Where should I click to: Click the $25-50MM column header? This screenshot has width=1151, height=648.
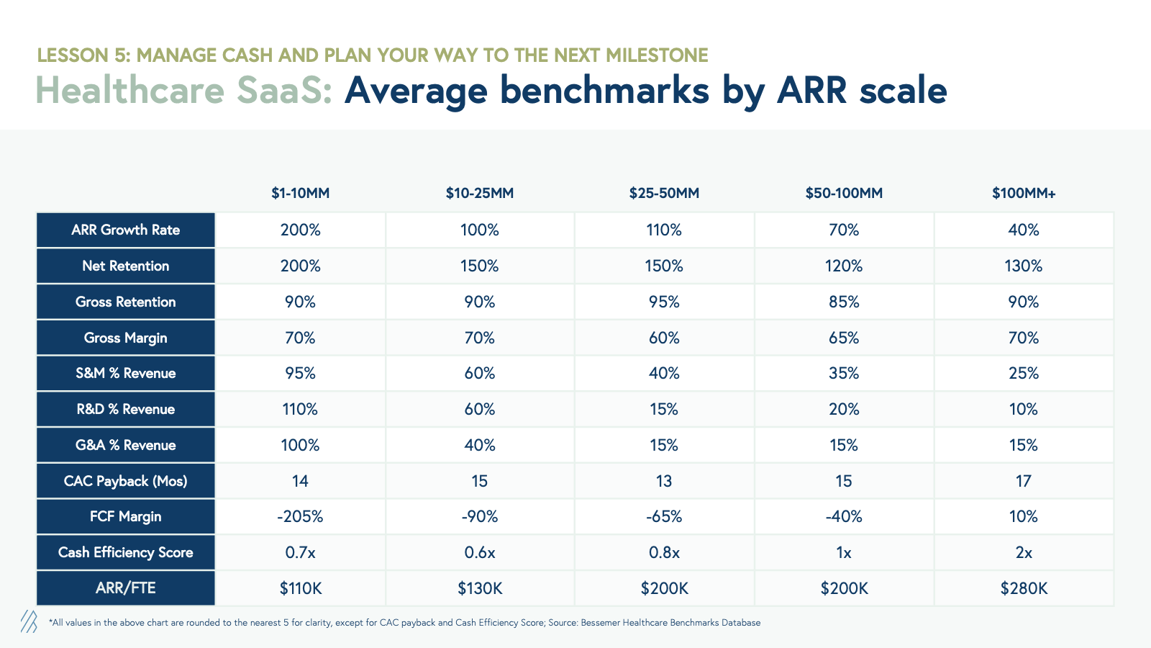[664, 193]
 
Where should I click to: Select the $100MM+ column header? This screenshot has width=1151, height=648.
[1024, 193]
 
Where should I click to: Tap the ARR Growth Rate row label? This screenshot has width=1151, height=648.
[125, 230]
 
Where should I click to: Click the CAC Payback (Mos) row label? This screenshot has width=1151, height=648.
[125, 481]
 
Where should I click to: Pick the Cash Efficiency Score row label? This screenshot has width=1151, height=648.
[125, 552]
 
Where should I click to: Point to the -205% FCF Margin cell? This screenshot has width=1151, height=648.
[300, 516]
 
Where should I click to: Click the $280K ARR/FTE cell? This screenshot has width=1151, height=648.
[1024, 588]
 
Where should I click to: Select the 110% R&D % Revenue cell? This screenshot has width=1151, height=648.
[300, 409]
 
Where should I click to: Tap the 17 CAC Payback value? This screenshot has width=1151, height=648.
[1024, 481]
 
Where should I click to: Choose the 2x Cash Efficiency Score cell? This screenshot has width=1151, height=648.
[1024, 552]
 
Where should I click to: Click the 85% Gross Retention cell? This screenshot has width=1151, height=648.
[844, 302]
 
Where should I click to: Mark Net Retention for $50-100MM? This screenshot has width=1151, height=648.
[844, 266]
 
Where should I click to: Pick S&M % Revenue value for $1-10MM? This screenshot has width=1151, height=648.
[300, 373]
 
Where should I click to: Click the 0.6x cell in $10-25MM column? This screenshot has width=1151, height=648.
[480, 552]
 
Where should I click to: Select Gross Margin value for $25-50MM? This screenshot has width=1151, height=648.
[664, 338]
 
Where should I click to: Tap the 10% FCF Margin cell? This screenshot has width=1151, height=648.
[1024, 516]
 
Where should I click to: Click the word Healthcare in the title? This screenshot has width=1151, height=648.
[129, 91]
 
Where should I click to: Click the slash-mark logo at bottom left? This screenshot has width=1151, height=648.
[29, 621]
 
